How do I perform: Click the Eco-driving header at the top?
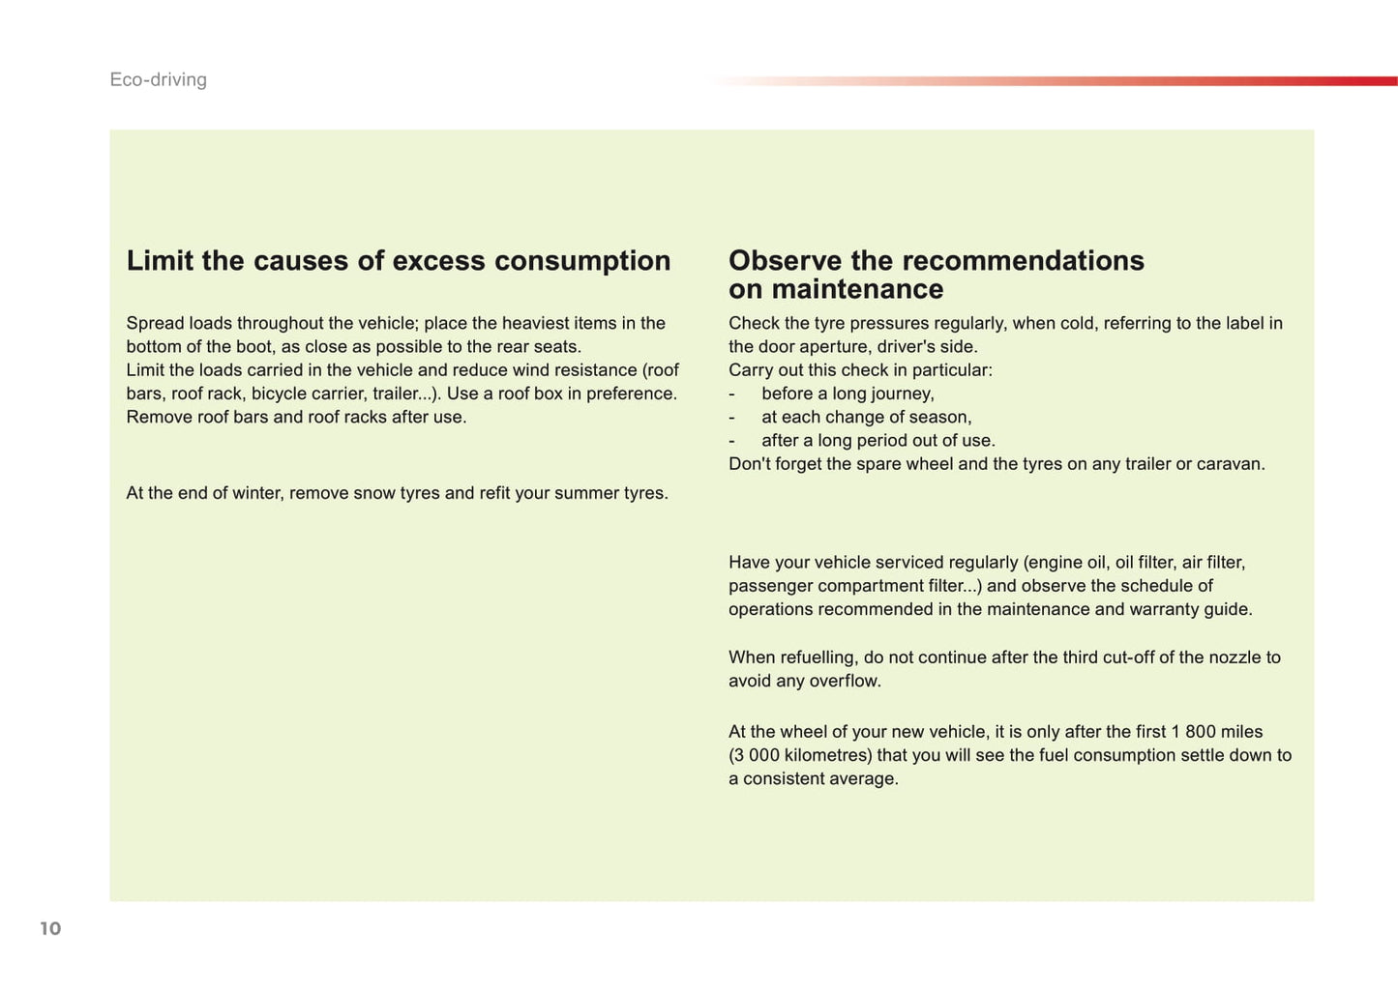(x=158, y=79)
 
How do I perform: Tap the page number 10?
(x=50, y=928)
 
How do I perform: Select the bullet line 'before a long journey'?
(x=848, y=394)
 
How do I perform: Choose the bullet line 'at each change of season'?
(x=866, y=417)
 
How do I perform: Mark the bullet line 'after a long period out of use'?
(x=877, y=441)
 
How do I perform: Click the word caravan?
(x=1229, y=464)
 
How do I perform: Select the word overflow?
(x=850, y=681)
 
